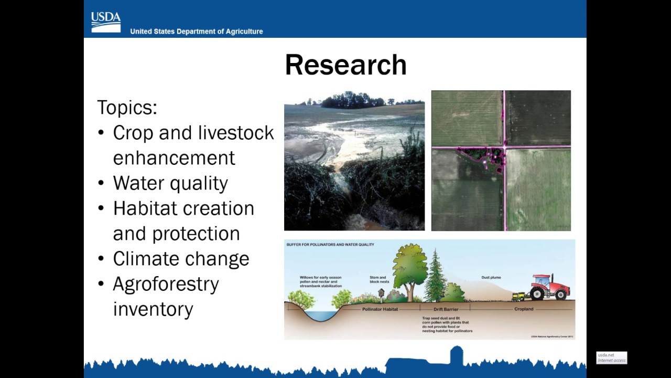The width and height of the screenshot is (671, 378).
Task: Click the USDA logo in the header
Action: pos(106,22)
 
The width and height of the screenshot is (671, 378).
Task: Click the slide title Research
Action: pos(345,65)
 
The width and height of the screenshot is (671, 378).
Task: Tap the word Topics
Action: pos(127,108)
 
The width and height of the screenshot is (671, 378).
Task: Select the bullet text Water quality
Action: pos(170,183)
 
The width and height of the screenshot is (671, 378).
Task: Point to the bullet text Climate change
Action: pos(181,259)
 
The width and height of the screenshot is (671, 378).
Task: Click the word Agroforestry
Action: pos(166,284)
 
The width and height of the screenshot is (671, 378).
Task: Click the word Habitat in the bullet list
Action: pos(145,208)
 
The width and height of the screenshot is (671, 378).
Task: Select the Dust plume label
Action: pos(492,277)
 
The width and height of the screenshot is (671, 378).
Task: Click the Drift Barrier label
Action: pos(446,309)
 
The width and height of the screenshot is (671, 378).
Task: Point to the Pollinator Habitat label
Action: pos(380,309)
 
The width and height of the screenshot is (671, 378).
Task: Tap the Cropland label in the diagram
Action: pos(523,309)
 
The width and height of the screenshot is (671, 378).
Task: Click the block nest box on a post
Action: pos(381,293)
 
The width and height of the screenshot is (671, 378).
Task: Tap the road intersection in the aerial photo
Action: pos(504,148)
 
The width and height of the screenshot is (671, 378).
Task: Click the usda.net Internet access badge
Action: pos(611,358)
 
